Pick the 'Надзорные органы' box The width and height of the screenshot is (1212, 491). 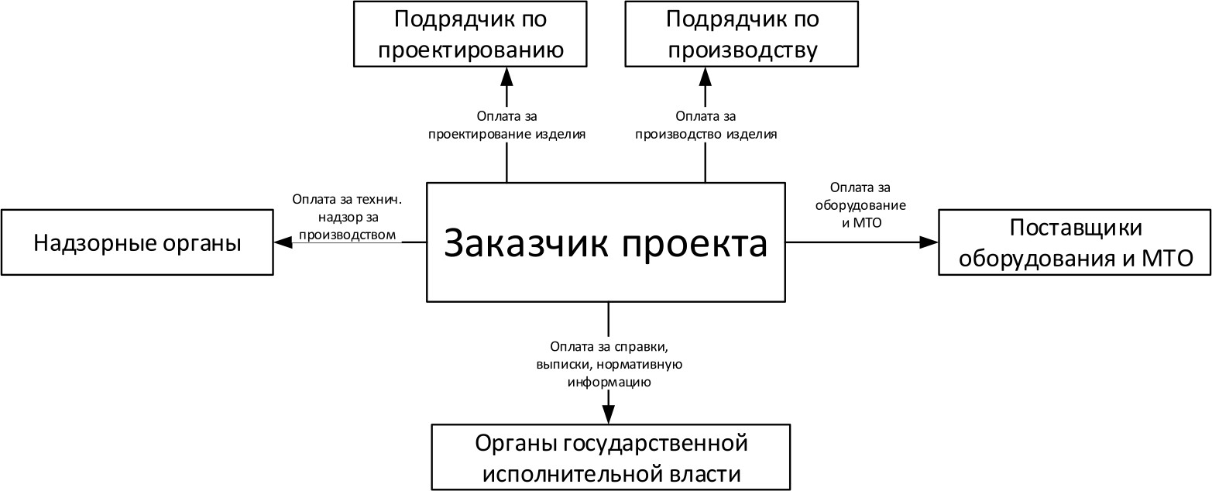[x=137, y=242]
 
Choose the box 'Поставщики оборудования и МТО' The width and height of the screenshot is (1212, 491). [x=1075, y=242]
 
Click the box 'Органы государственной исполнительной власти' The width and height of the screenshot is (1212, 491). [x=610, y=458]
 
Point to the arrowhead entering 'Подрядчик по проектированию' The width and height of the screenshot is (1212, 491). [x=506, y=75]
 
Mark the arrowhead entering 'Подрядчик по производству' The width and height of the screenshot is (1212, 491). [x=705, y=75]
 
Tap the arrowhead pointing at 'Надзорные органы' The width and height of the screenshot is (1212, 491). [x=282, y=242]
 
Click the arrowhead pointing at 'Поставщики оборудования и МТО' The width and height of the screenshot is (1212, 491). [x=929, y=242]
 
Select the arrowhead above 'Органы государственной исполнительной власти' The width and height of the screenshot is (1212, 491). [x=609, y=414]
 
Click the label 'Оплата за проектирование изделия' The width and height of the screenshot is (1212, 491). [x=506, y=125]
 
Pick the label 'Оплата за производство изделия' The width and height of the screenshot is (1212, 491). [x=706, y=125]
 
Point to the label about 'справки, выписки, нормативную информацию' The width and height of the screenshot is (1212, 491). [x=608, y=363]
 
